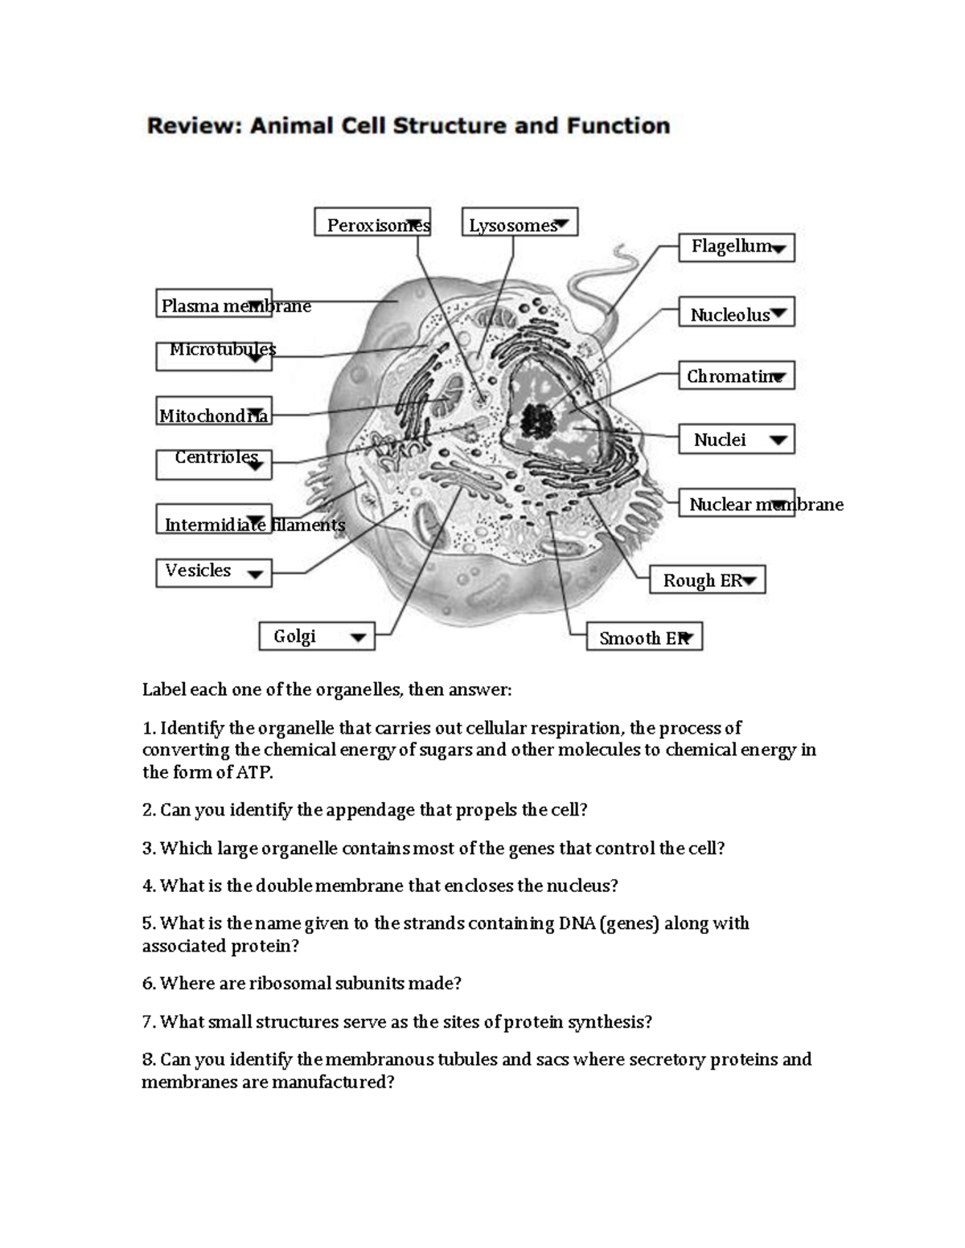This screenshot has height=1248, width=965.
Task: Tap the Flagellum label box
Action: point(737,248)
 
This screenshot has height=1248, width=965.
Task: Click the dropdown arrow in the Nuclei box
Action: point(778,440)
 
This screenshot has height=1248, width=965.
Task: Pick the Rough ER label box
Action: point(707,579)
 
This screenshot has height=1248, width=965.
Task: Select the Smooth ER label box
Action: point(644,636)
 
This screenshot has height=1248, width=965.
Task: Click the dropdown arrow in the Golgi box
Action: point(359,638)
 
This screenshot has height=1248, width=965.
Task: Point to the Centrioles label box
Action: point(214,464)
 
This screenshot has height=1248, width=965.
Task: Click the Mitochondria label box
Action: point(214,411)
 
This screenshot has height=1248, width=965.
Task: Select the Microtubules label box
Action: point(214,356)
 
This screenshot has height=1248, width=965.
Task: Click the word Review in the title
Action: point(192,126)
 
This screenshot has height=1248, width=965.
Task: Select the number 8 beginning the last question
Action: point(148,1059)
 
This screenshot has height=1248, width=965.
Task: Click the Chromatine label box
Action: point(737,375)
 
